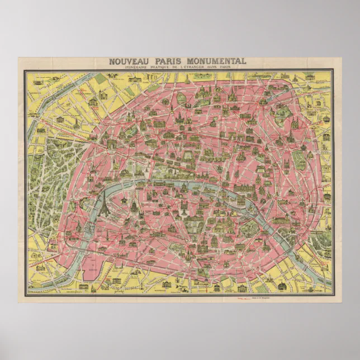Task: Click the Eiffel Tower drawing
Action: coord(103,205)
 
